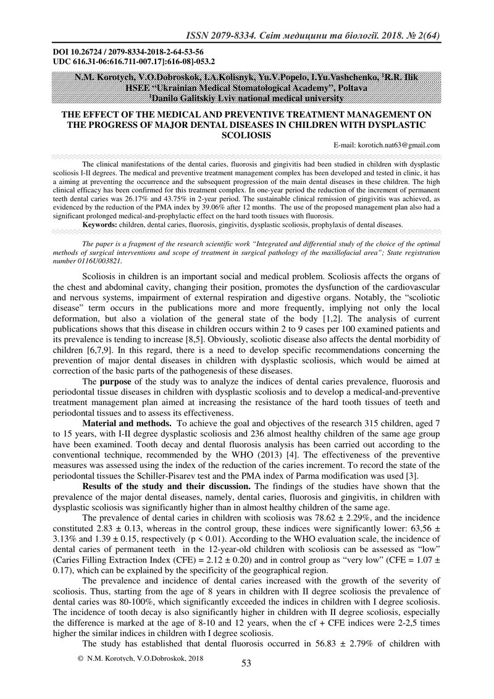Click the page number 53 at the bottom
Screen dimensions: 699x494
click(x=246, y=663)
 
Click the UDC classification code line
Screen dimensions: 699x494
click(x=133, y=62)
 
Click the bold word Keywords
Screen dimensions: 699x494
click(x=100, y=225)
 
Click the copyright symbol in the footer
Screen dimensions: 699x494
click(x=80, y=659)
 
